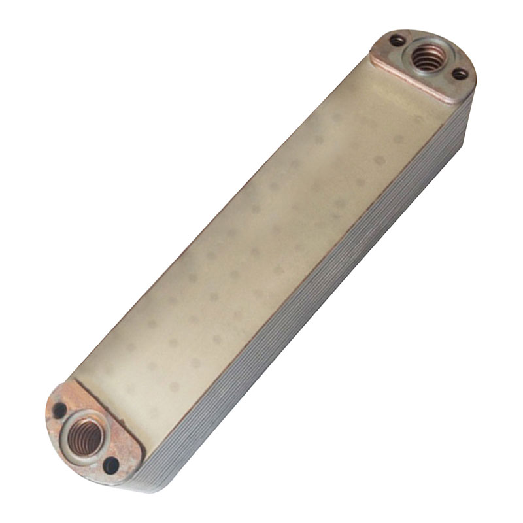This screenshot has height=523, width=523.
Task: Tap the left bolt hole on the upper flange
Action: pos(397,41)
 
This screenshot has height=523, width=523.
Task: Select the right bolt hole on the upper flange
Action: pos(460,74)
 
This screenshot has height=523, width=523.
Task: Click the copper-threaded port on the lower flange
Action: pos(84,432)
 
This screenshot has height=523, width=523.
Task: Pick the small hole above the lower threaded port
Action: pos(59,411)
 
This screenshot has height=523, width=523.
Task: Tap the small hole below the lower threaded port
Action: pos(111,465)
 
